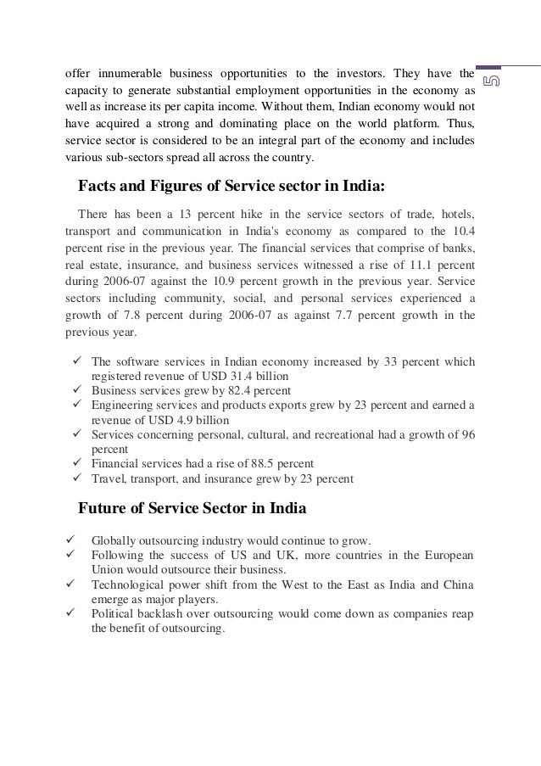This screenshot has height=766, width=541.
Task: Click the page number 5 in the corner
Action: tap(490, 80)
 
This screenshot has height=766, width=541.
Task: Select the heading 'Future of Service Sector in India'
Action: tap(192, 509)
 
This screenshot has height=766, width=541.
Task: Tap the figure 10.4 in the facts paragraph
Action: tap(463, 228)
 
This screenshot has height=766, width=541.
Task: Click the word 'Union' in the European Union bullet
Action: tap(107, 569)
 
